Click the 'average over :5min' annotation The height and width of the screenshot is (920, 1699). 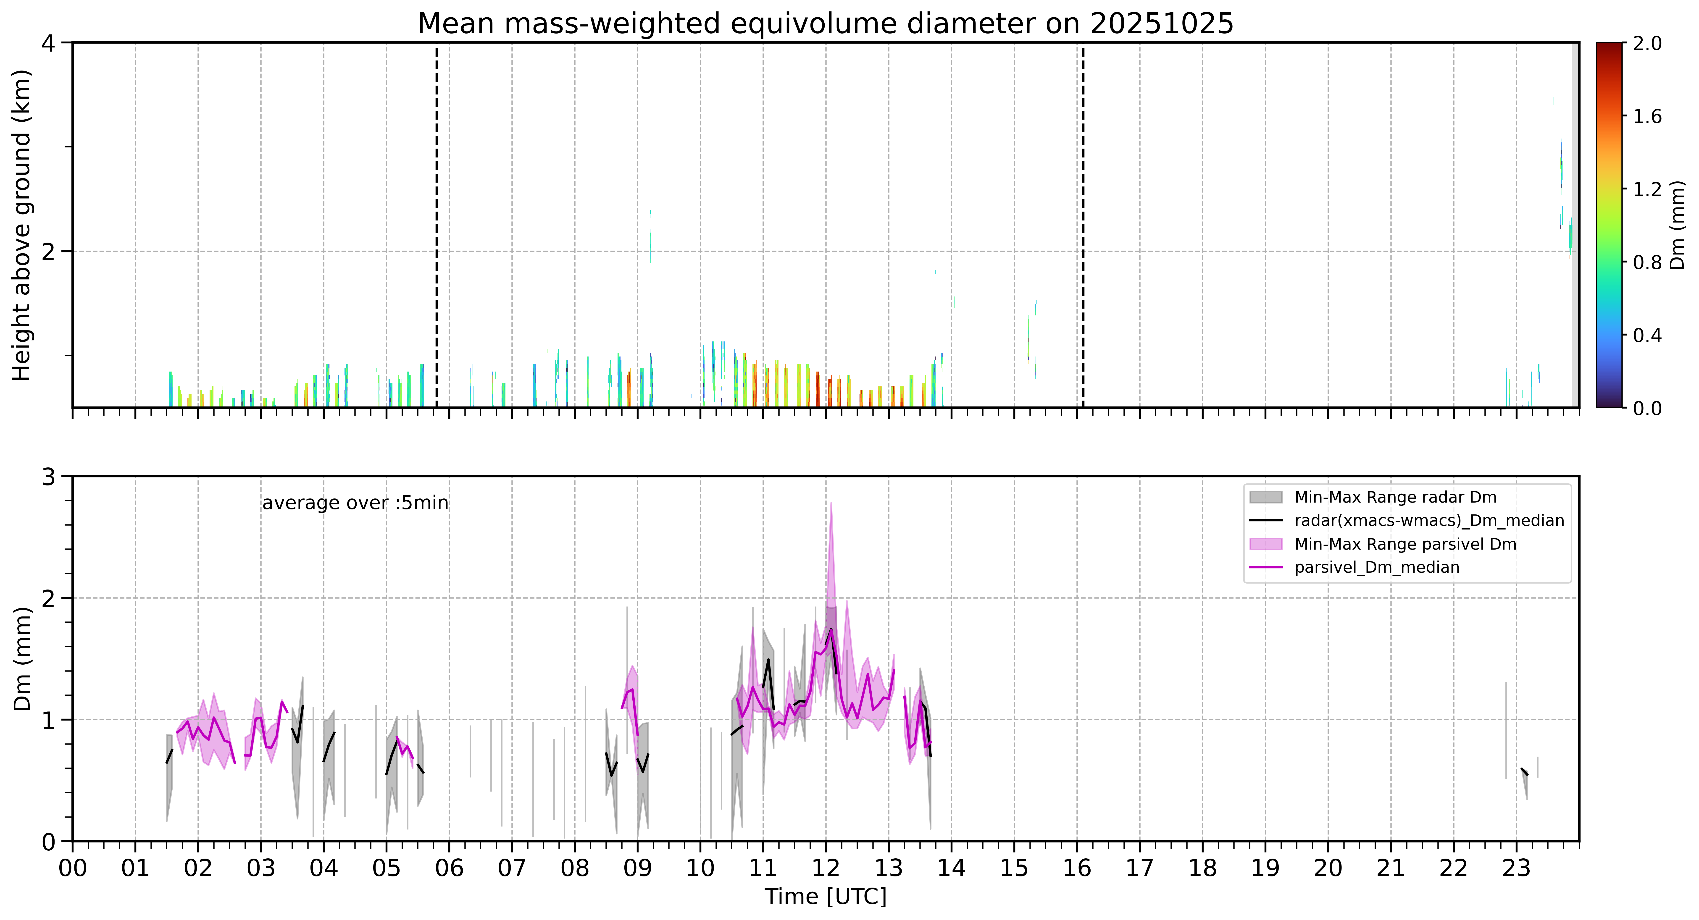tap(355, 503)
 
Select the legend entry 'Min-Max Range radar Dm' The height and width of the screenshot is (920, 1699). tap(1395, 497)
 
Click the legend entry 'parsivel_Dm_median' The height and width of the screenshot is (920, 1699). tap(1376, 567)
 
